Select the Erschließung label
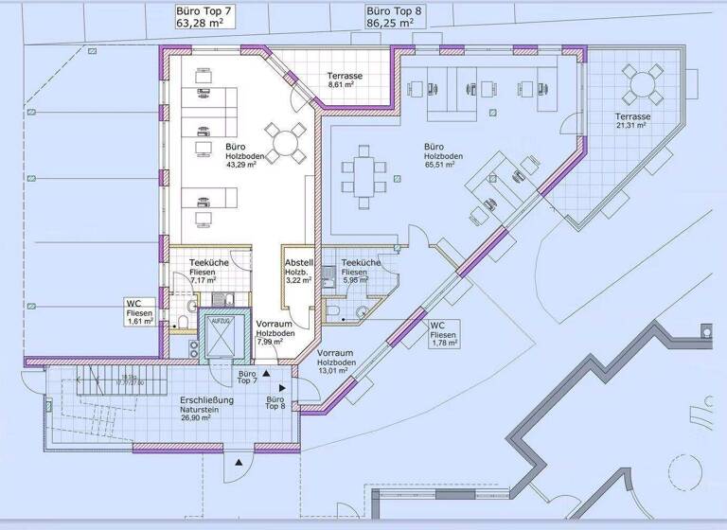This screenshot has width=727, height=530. pos(207,401)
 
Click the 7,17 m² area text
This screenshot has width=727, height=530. pos(204,280)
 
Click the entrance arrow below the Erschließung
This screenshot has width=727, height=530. pos(239,461)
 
